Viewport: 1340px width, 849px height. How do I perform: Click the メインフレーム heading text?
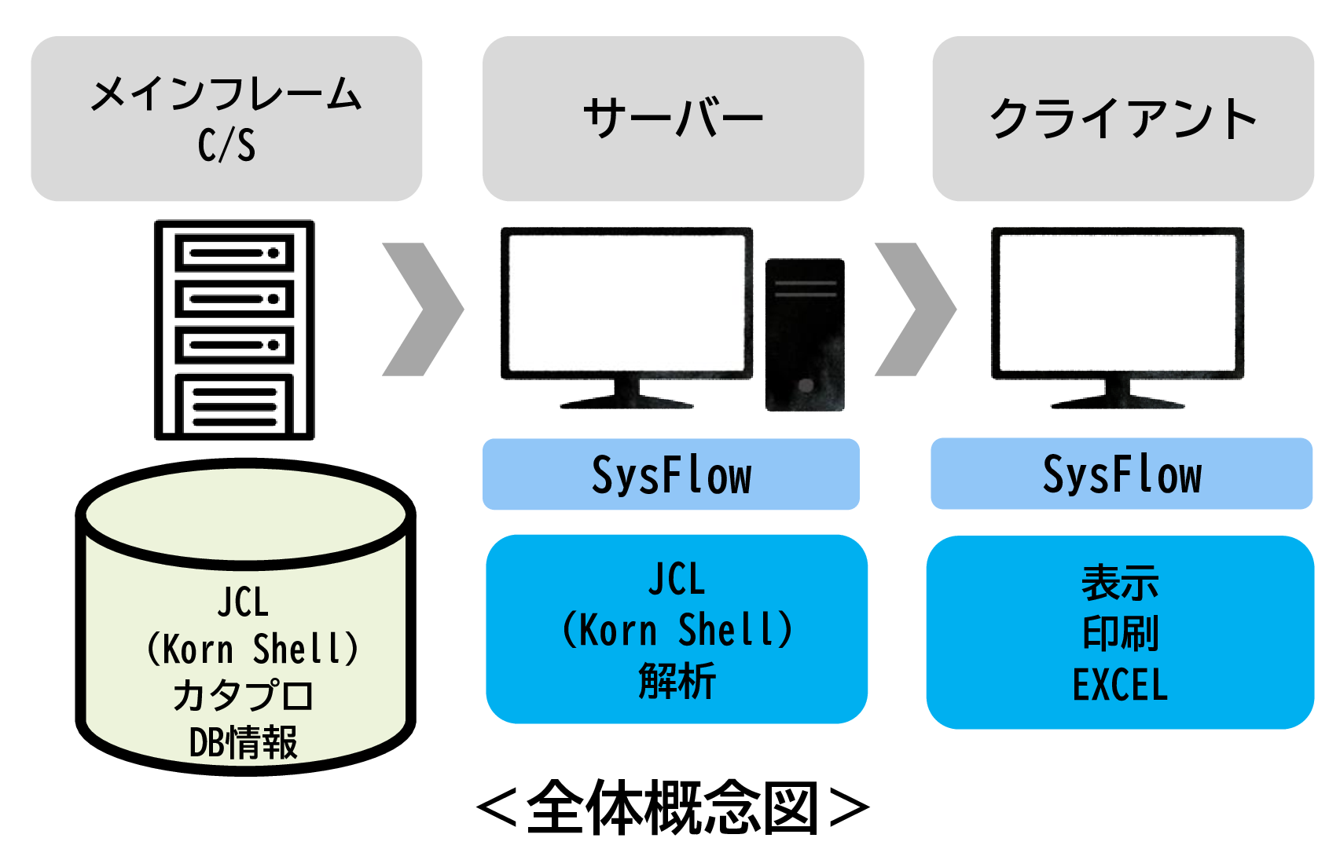(x=226, y=95)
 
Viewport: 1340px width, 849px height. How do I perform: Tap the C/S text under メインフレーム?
(x=226, y=145)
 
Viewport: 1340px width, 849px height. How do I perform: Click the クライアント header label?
(x=1123, y=119)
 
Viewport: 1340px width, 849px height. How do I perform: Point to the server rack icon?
(x=234, y=329)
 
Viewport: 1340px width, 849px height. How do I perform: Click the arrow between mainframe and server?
(x=423, y=309)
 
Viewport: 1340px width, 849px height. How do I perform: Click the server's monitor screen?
(x=626, y=302)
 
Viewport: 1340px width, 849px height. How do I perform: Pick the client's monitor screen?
(x=1117, y=302)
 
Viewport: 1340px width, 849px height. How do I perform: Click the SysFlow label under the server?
(x=671, y=475)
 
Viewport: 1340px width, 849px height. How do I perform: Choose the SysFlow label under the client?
(x=1122, y=474)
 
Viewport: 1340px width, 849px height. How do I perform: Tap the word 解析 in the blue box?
(x=677, y=680)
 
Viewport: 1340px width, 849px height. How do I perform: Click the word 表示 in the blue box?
(x=1120, y=583)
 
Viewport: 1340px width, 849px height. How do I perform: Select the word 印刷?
(x=1120, y=633)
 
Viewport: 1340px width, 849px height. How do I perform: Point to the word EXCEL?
(x=1120, y=685)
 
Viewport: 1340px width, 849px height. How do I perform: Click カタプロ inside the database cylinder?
(x=244, y=696)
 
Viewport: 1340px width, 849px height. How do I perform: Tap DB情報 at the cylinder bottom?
(x=244, y=742)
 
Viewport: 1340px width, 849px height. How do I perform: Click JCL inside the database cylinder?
(x=244, y=602)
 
